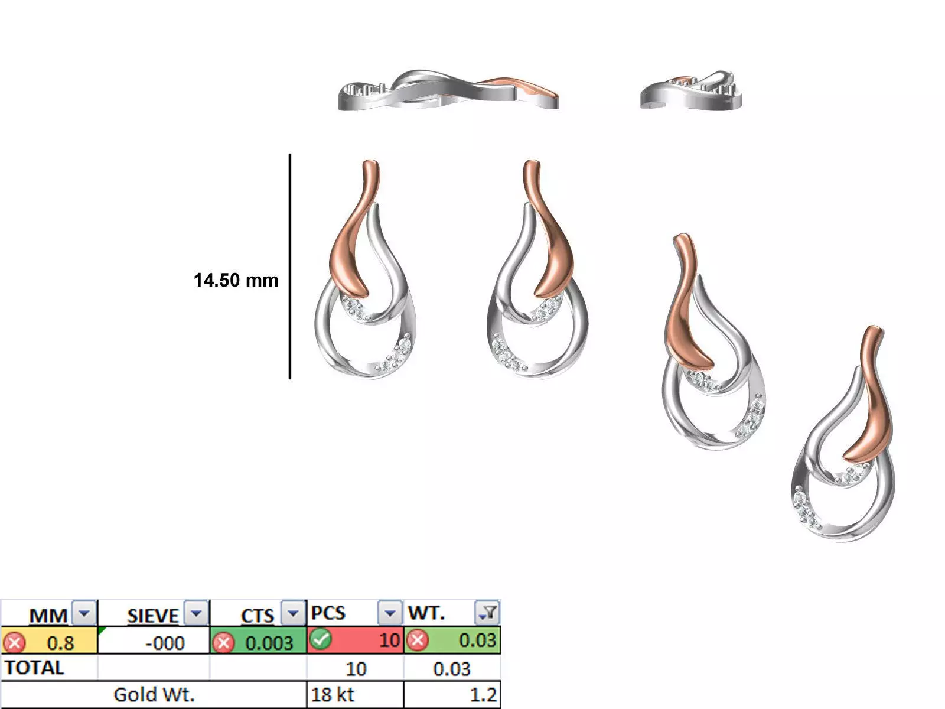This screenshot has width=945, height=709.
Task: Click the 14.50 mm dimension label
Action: point(236,279)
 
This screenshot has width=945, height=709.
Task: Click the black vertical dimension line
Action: point(290,266)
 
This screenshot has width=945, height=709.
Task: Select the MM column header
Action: point(48,615)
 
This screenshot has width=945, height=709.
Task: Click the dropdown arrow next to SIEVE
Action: point(196,613)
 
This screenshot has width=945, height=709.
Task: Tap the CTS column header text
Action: point(257,615)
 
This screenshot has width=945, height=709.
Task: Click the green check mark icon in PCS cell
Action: point(320,639)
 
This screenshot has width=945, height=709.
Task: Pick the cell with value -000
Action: point(165,642)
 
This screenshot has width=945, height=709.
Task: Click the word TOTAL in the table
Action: point(34,668)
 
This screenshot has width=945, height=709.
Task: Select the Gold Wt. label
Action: point(154,694)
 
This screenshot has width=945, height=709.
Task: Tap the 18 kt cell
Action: point(332,694)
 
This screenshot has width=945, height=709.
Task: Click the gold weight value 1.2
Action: point(483,694)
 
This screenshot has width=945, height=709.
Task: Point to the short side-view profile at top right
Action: point(691,92)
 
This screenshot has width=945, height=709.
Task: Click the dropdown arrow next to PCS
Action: point(390,613)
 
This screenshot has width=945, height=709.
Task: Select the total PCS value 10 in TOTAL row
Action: point(356,668)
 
